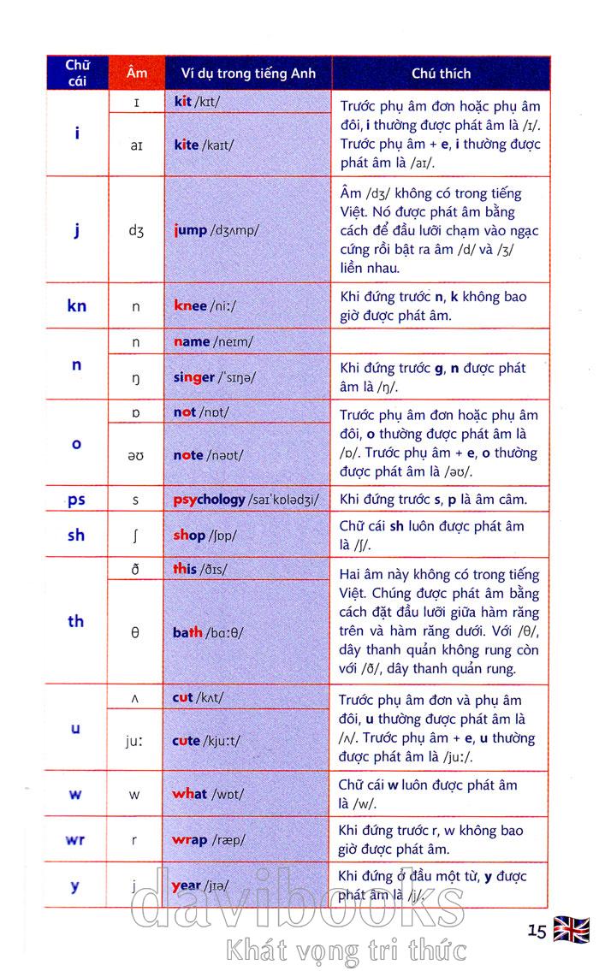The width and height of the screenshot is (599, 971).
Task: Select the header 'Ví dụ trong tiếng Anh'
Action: click(x=241, y=74)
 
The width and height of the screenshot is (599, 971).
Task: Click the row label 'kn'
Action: click(x=77, y=305)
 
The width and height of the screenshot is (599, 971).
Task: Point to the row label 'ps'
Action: click(x=77, y=499)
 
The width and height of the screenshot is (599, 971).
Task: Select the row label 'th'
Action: click(x=77, y=621)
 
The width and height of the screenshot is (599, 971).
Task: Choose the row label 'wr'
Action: click(x=76, y=839)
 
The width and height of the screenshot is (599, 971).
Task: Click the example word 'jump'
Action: click(x=190, y=229)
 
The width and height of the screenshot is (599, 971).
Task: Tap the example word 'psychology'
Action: click(x=209, y=499)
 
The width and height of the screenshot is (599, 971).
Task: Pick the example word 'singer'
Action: click(x=194, y=377)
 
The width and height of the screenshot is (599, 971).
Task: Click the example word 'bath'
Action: click(x=188, y=632)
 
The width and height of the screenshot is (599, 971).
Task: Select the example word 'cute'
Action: click(x=187, y=741)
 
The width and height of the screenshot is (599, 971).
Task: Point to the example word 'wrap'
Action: click(x=190, y=839)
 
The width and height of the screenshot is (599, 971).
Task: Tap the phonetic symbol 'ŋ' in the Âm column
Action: click(x=136, y=378)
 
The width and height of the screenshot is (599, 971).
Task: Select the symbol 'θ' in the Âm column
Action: click(x=135, y=633)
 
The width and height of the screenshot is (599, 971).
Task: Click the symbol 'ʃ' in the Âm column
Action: click(x=136, y=536)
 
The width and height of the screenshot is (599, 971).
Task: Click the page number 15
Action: click(x=537, y=931)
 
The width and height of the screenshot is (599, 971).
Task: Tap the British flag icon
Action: click(x=571, y=929)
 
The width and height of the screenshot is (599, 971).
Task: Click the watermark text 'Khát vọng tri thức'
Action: click(x=345, y=950)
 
